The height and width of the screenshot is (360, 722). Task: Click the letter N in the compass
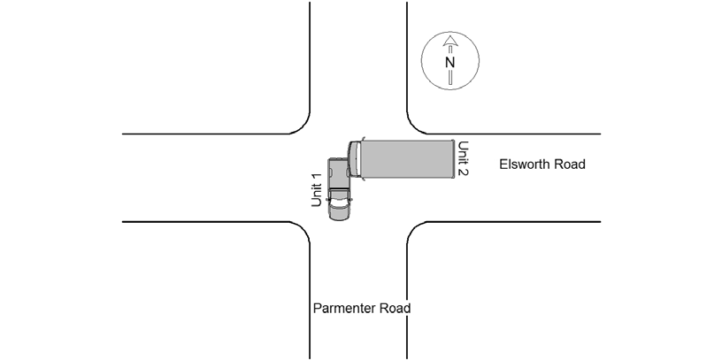coord(449,62)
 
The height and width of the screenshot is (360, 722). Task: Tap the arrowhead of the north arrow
coord(450,42)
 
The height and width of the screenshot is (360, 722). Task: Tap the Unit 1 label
coord(316,190)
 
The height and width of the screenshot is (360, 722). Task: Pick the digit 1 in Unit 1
coord(316,177)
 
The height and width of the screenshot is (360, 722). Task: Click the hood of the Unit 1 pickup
coord(339,212)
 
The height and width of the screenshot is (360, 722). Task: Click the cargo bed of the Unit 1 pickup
coord(339,173)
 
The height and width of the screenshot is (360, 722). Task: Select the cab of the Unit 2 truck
coord(354,159)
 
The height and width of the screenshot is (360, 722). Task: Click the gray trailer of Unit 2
coord(407,159)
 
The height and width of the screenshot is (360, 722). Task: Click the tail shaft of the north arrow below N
coord(450,77)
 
